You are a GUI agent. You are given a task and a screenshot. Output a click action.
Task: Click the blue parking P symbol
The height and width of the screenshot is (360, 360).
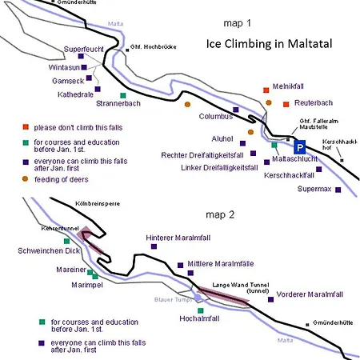click(x=300, y=147)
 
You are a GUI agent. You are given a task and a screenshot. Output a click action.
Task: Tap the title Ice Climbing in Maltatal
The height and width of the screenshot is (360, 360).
click(x=269, y=44)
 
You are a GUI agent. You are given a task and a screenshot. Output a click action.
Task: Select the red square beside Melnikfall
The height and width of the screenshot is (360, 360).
click(x=266, y=90)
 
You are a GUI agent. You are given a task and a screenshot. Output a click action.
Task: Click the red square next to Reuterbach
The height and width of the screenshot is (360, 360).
click(x=286, y=104)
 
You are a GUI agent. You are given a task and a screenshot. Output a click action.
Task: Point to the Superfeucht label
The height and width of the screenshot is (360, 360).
click(x=83, y=50)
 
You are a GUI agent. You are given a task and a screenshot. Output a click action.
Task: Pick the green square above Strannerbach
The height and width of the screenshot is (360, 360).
click(x=123, y=95)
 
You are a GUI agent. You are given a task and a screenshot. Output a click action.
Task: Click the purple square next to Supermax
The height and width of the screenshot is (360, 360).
click(x=338, y=190)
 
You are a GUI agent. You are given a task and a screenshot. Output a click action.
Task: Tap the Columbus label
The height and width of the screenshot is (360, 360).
click(x=216, y=116)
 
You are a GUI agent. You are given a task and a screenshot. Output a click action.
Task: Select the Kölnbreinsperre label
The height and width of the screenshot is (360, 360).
click(x=98, y=204)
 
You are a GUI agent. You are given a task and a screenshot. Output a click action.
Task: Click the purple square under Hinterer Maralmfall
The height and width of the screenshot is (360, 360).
click(x=154, y=246)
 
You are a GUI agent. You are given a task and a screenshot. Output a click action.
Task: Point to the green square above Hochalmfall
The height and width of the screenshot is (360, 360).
click(x=201, y=310)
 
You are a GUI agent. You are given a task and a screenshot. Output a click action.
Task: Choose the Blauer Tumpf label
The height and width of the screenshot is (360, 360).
click(x=173, y=300)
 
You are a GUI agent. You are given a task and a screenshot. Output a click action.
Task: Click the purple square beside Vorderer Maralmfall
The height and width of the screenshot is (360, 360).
click(x=270, y=299)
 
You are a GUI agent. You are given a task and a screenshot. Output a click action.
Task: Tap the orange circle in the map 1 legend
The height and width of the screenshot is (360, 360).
click(x=25, y=179)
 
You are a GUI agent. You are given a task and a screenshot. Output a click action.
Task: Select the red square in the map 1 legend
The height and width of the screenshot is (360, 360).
click(x=26, y=127)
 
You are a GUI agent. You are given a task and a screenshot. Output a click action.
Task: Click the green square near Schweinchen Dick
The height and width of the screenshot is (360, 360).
click(x=66, y=241)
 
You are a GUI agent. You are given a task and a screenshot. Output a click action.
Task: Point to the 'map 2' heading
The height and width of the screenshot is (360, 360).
click(x=220, y=214)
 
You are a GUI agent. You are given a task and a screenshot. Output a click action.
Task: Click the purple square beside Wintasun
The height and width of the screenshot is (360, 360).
click(x=84, y=67)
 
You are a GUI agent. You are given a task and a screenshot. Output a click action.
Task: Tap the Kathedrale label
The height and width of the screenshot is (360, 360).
click(x=75, y=94)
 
